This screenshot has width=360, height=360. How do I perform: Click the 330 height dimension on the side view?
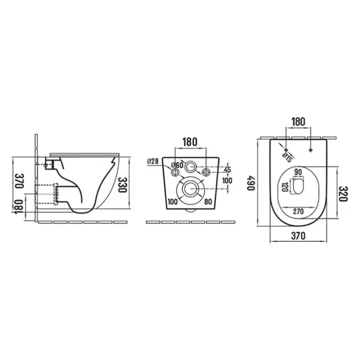point(122,185)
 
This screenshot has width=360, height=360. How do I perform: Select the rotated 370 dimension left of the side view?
point(19,181)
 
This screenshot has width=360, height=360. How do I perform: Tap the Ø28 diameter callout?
point(152,161)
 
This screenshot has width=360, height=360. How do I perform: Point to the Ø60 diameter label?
point(177,165)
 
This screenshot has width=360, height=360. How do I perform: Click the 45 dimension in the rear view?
point(227,170)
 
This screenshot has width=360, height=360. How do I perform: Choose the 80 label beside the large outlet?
point(208,202)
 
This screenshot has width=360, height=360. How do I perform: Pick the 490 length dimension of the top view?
point(251,183)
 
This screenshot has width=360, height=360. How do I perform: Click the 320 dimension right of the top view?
point(343,194)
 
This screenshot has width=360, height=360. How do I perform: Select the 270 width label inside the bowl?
point(298,211)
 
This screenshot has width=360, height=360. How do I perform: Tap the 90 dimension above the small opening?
point(298,172)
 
